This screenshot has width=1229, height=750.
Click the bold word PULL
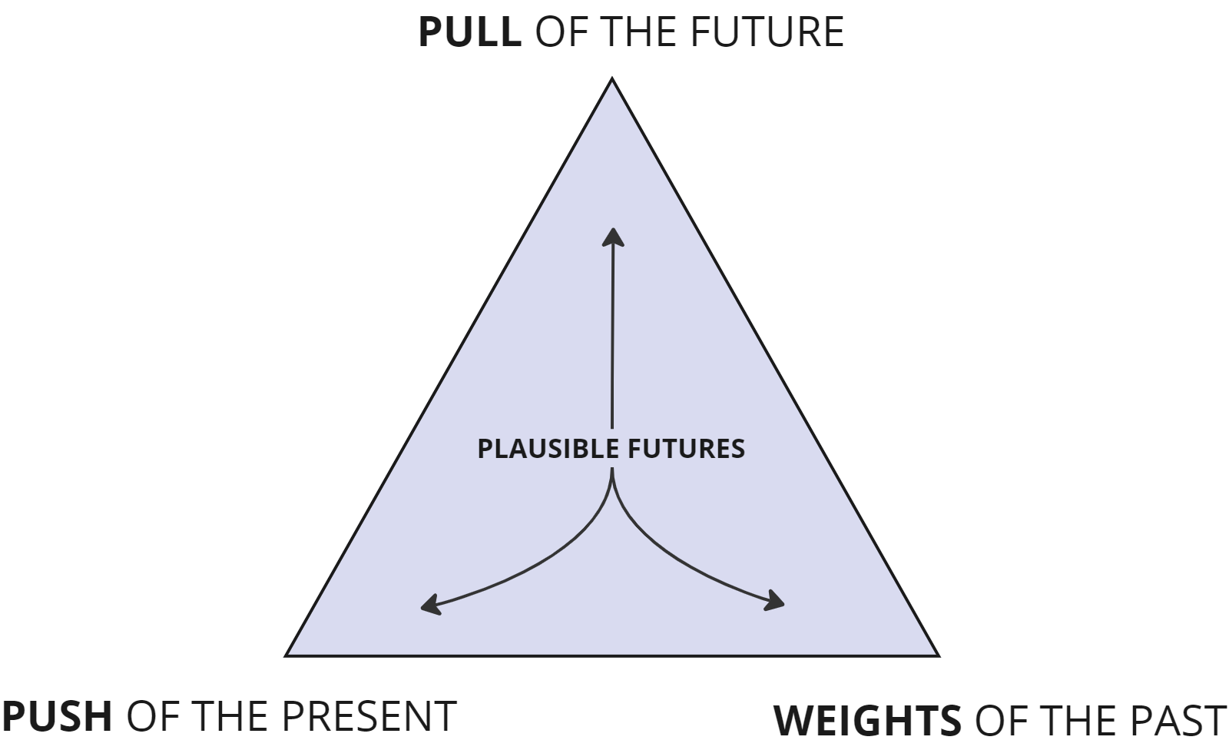coord(469,32)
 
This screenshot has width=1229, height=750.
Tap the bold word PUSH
coord(57,716)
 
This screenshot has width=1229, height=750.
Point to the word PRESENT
coord(369,716)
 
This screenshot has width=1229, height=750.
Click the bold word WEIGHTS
coord(866,721)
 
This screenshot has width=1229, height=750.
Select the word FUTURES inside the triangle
coord(686,449)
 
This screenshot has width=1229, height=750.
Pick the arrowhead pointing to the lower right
coord(777,602)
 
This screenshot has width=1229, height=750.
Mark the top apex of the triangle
coord(612,79)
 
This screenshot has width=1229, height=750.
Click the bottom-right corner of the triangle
coord(937,655)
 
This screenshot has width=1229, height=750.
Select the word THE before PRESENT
coord(228,716)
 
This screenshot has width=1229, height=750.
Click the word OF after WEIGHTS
coord(1000,721)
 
